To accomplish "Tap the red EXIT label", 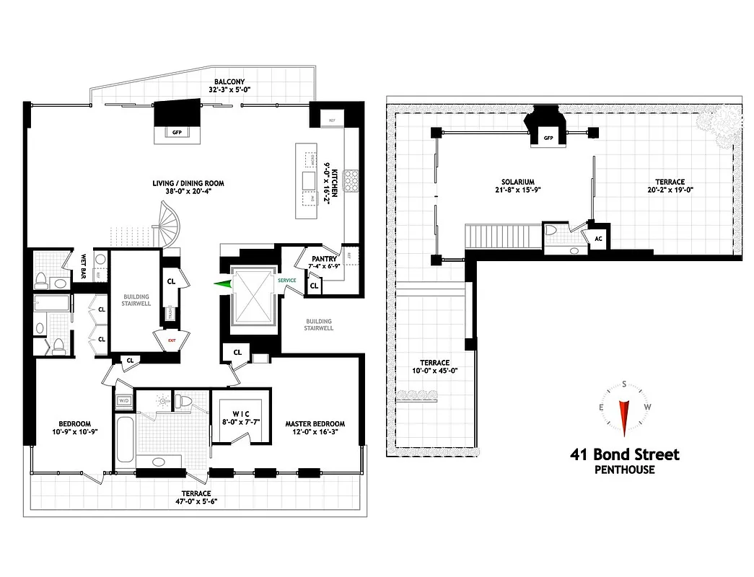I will pyautogui.click(x=172, y=340).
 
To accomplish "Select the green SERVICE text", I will pyautogui.click(x=286, y=280).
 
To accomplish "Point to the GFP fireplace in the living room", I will pyautogui.click(x=177, y=132).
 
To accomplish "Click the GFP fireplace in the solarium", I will pyautogui.click(x=548, y=137).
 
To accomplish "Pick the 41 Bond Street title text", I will pyautogui.click(x=624, y=454).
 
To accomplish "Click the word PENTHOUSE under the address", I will pyautogui.click(x=624, y=470).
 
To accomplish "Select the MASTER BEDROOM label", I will pyautogui.click(x=315, y=428).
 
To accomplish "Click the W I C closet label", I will pyautogui.click(x=240, y=418).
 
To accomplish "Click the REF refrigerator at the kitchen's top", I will pyautogui.click(x=332, y=120).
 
